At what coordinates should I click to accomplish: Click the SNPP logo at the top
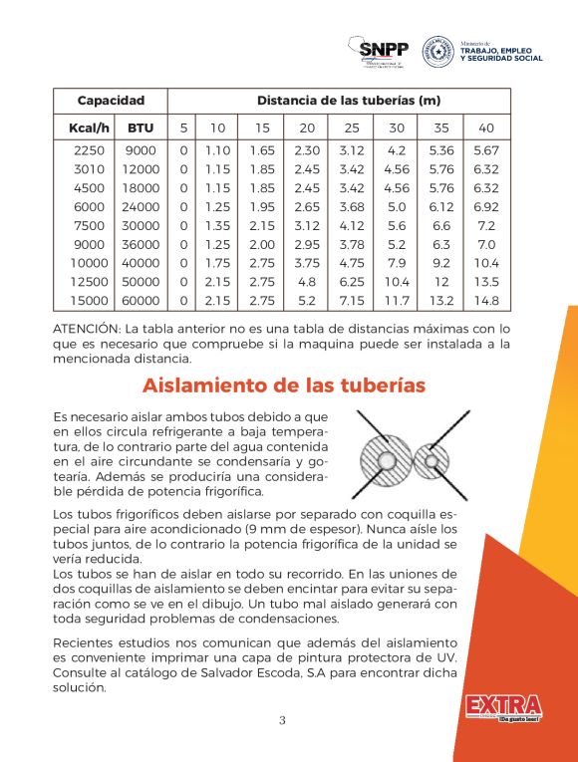click(380, 52)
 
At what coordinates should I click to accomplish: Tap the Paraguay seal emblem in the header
click(437, 52)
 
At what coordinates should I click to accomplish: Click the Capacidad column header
click(111, 101)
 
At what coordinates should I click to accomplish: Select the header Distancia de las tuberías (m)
click(348, 101)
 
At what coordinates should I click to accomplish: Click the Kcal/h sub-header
click(89, 127)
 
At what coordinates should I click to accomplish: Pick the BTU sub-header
click(141, 127)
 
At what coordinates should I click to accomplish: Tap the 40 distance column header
click(486, 127)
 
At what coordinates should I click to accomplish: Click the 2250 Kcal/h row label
click(89, 150)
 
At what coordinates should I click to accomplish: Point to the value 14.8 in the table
click(486, 300)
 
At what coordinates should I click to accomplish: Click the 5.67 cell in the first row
click(486, 150)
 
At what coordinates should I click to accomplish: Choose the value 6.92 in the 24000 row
click(486, 206)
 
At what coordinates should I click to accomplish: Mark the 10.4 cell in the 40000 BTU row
click(486, 263)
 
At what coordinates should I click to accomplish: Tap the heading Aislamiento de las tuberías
click(283, 384)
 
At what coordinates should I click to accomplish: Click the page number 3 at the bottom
click(282, 721)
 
